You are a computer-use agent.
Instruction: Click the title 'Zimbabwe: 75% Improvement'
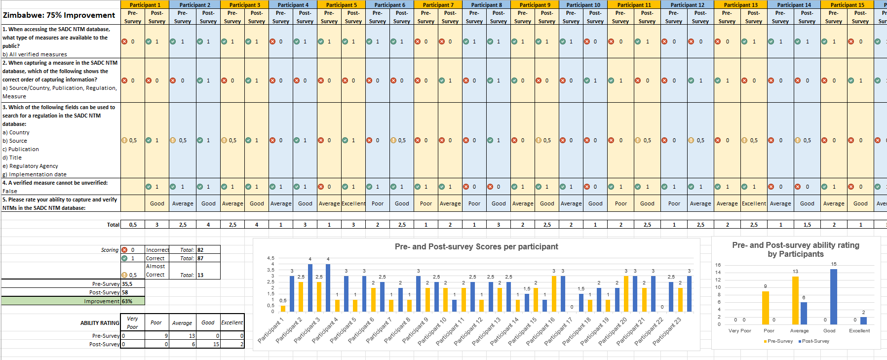click(59, 15)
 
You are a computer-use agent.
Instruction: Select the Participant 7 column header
click(437, 4)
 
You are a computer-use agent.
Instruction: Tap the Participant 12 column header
click(687, 4)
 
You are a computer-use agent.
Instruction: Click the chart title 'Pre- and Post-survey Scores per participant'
click(476, 246)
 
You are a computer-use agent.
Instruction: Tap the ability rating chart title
click(795, 249)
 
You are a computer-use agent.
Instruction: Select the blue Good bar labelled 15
click(833, 296)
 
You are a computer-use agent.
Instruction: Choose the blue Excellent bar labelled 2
click(863, 320)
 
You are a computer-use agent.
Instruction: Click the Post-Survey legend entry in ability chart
click(815, 341)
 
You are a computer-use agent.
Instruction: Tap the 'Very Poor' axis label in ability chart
click(739, 331)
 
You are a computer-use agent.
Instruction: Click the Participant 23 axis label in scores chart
click(667, 331)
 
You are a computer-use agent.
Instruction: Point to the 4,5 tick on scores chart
click(270, 258)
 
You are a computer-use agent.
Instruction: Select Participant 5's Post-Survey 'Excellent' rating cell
click(353, 203)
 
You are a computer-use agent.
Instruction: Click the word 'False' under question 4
click(10, 191)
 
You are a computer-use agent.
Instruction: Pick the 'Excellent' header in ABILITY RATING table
click(232, 322)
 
